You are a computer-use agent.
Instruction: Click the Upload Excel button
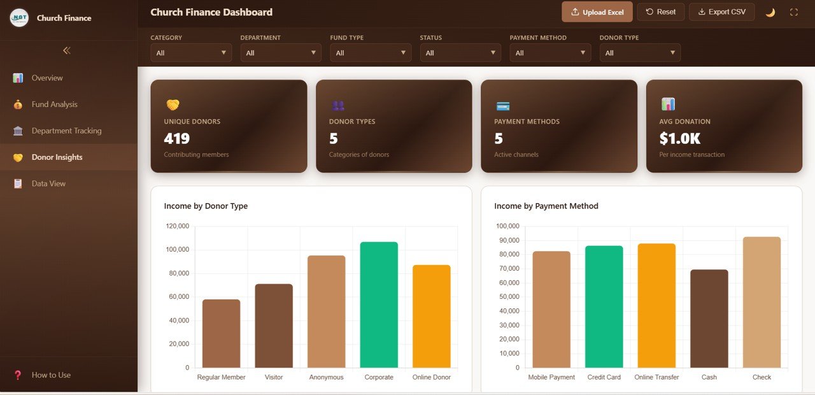[597, 12]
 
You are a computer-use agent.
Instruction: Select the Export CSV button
[721, 12]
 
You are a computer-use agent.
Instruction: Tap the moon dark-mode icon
[770, 12]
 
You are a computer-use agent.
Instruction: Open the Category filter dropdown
[191, 53]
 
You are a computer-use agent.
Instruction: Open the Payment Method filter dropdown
[550, 53]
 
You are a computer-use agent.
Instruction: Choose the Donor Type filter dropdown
[640, 53]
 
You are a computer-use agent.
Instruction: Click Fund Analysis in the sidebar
[54, 104]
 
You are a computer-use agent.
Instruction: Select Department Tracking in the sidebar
[66, 131]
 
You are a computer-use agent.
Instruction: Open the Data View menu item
[48, 183]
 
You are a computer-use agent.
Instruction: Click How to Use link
[51, 375]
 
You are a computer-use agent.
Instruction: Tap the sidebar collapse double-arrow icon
[67, 50]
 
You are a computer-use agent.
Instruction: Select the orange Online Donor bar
[431, 316]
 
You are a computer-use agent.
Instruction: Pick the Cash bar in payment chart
[709, 319]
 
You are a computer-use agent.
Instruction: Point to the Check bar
[762, 302]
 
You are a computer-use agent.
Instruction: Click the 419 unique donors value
[176, 138]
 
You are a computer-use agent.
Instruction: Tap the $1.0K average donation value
[679, 138]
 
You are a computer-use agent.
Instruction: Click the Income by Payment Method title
[546, 206]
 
